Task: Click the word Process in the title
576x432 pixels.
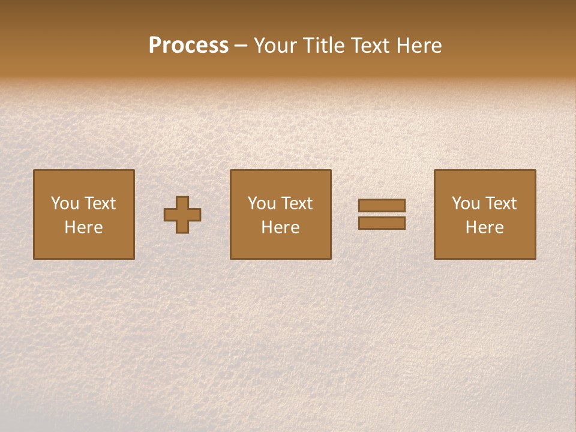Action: click(x=188, y=46)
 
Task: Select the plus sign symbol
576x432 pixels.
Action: click(x=182, y=215)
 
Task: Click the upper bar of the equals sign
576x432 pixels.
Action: click(x=382, y=205)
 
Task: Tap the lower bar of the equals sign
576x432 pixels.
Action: click(x=382, y=223)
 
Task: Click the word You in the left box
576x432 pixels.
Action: click(x=65, y=203)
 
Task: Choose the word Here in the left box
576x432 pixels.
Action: click(x=83, y=227)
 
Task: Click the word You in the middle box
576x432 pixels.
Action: click(x=262, y=203)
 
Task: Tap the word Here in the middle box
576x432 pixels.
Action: click(x=280, y=227)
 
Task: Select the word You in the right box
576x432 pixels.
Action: click(x=466, y=203)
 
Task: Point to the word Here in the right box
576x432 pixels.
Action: click(x=484, y=227)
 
